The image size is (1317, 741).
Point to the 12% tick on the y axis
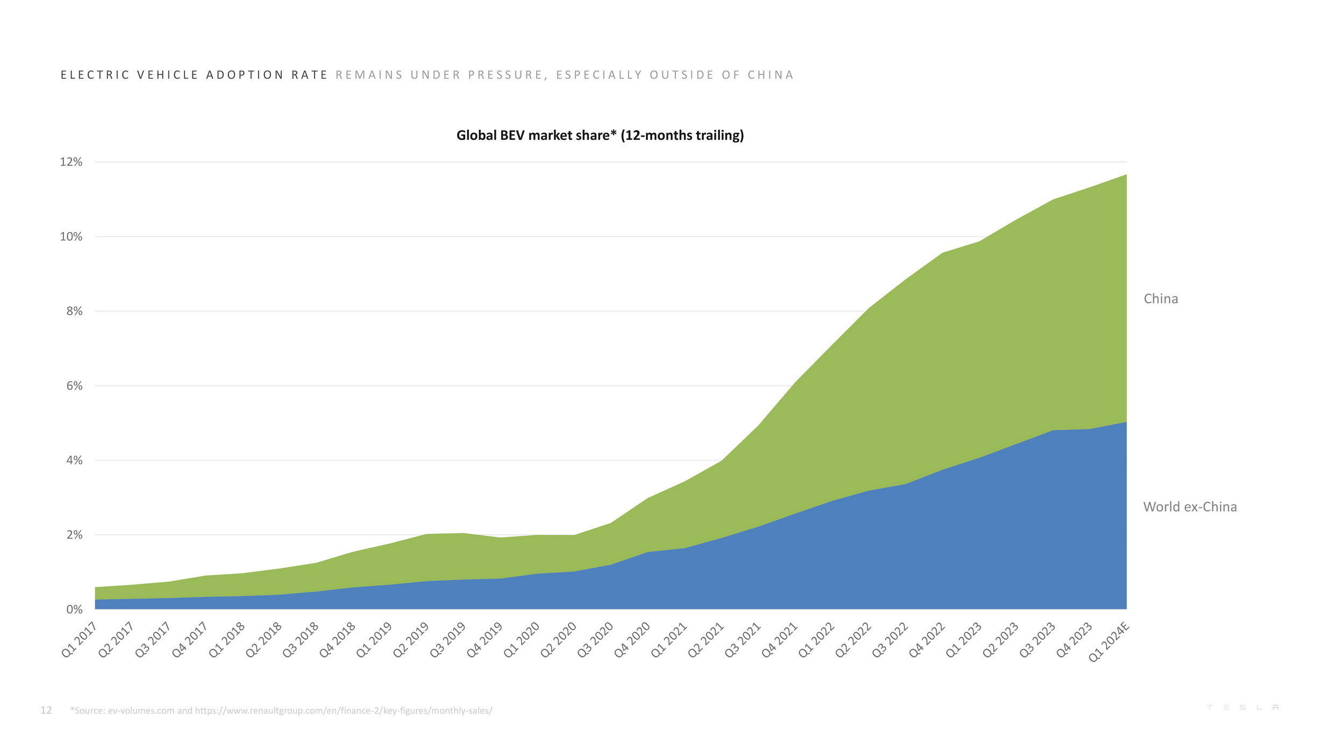pyautogui.click(x=71, y=162)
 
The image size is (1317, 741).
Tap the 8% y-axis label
pyautogui.click(x=74, y=311)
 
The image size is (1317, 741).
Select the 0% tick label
pyautogui.click(x=74, y=609)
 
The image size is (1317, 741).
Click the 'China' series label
pyautogui.click(x=1161, y=299)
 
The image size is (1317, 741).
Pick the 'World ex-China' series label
pyautogui.click(x=1190, y=506)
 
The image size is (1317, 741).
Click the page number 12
pyautogui.click(x=46, y=710)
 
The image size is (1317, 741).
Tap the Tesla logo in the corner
pyautogui.click(x=1243, y=707)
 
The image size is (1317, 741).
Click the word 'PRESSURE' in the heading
pyautogui.click(x=505, y=75)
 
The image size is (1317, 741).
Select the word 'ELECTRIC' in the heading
pyautogui.click(x=95, y=75)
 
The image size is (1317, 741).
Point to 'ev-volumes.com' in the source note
pyautogui.click(x=141, y=710)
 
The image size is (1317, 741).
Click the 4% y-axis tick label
pyautogui.click(x=74, y=460)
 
